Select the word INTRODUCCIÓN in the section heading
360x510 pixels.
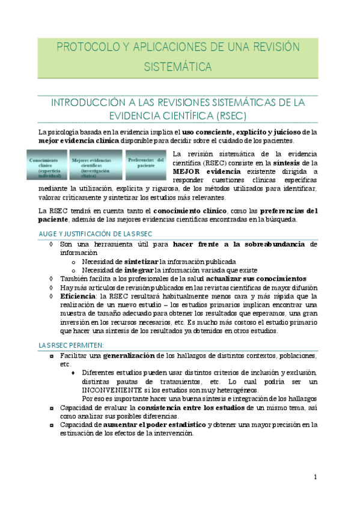click(x=88, y=102)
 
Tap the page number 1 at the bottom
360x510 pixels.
click(x=315, y=477)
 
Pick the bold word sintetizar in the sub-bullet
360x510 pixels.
click(x=141, y=262)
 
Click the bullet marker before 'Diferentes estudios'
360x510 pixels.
click(x=73, y=373)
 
